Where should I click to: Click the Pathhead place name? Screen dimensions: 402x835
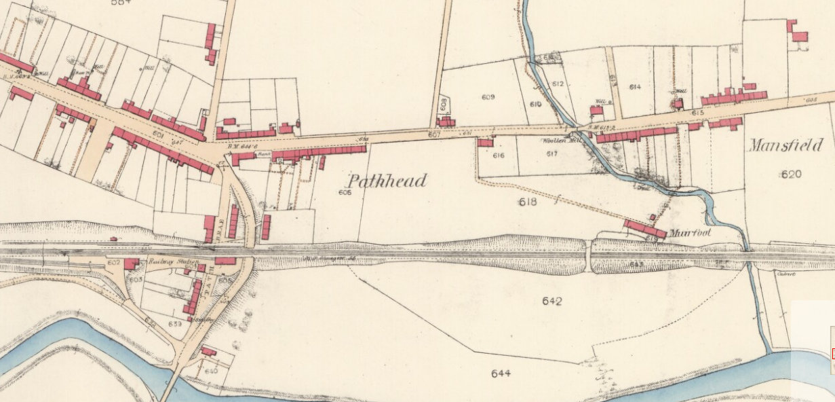click(387, 181)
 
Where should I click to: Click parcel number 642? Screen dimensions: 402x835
click(552, 301)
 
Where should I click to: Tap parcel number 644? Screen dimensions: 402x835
click(501, 373)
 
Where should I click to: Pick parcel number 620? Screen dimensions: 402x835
click(791, 174)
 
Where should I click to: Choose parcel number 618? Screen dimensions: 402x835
click(527, 202)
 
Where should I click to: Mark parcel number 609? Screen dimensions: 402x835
click(488, 97)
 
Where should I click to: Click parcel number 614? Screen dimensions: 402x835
click(635, 87)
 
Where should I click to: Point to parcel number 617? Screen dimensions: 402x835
click(551, 153)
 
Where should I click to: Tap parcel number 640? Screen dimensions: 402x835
click(210, 371)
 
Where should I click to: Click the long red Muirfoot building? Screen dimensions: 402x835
click(645, 229)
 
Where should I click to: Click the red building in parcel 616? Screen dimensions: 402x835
click(485, 143)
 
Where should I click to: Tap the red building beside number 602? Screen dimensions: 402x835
click(131, 263)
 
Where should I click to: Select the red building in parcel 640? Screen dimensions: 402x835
click(209, 351)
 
